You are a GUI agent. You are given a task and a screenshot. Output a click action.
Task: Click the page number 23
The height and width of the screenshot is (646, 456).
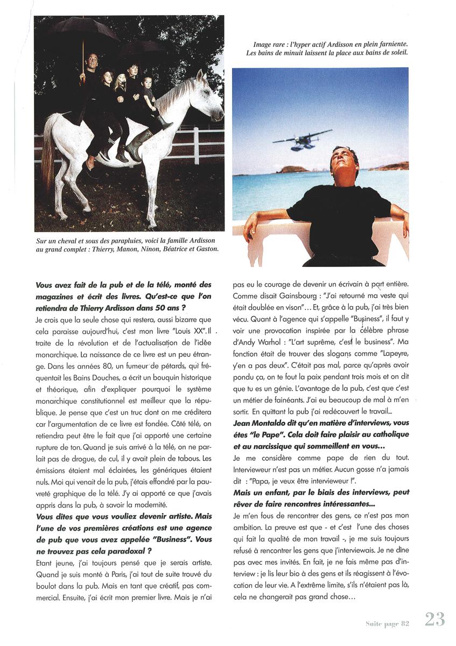coord(434,620)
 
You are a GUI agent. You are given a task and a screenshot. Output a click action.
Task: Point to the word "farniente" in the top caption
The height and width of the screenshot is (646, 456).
coord(386,44)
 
